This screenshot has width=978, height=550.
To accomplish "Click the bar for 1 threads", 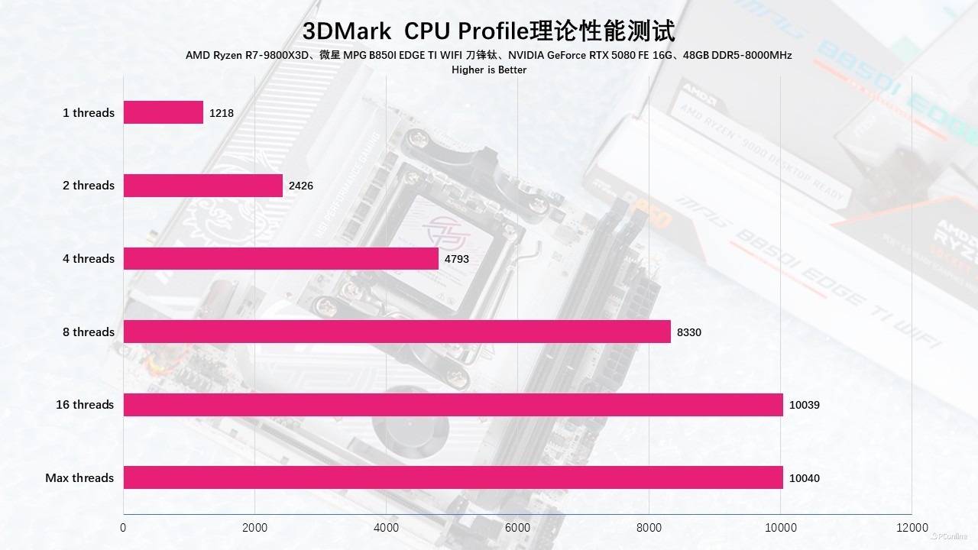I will (x=164, y=112).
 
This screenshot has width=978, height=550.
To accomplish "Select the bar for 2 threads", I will (x=203, y=186).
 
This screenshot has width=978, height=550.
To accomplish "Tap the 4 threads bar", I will (x=281, y=259).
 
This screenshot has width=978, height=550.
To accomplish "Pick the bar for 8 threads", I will (x=397, y=332).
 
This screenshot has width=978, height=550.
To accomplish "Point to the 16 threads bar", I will (x=453, y=405).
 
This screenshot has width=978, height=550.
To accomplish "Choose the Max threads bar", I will (x=453, y=477).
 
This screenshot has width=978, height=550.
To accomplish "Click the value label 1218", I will (x=222, y=113).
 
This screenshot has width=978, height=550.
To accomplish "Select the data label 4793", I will (x=457, y=259).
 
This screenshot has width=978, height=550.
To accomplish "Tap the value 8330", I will (x=688, y=332).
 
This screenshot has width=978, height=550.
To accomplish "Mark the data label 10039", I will (x=804, y=405).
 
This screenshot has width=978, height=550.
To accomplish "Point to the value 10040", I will (x=804, y=478).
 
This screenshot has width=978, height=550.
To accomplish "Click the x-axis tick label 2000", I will (x=254, y=528).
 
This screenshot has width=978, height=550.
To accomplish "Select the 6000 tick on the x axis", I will (x=517, y=528).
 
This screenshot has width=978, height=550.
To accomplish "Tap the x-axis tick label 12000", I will (x=912, y=528).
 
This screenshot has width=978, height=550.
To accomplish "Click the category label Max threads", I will (x=79, y=478).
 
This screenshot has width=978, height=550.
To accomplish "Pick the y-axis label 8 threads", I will (x=89, y=332).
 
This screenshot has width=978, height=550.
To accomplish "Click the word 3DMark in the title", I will (x=346, y=31).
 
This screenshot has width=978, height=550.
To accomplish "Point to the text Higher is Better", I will (x=489, y=70).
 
